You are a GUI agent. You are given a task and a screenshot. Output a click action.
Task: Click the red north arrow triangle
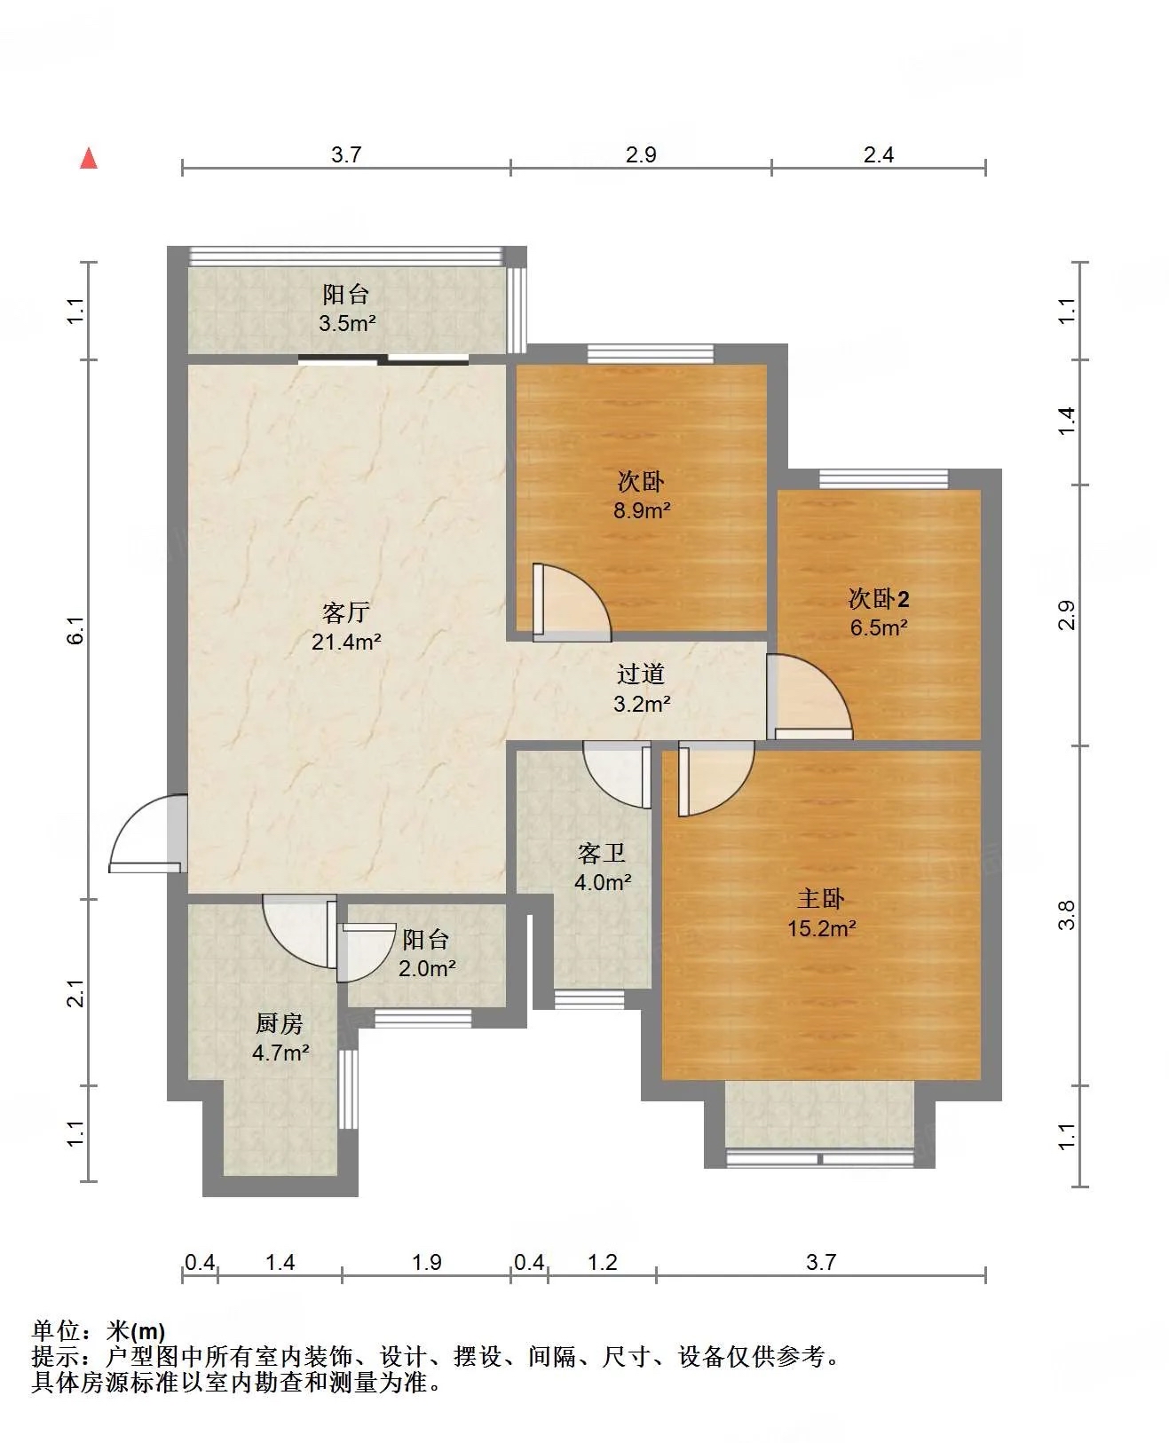pyautogui.click(x=89, y=159)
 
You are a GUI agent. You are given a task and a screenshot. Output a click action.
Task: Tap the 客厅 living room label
pyautogui.click(x=345, y=612)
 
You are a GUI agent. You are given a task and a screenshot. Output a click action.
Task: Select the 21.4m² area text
pyautogui.click(x=345, y=642)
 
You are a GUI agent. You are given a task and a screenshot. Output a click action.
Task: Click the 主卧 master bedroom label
pyautogui.click(x=821, y=898)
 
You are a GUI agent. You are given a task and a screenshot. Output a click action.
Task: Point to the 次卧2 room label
pyautogui.click(x=878, y=598)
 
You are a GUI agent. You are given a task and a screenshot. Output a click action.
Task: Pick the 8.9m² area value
pyautogui.click(x=642, y=510)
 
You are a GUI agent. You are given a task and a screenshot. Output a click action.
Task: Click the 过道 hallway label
pyautogui.click(x=640, y=674)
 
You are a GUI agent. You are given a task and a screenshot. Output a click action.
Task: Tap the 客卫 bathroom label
pyautogui.click(x=602, y=853)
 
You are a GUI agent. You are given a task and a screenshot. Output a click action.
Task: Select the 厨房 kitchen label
pyautogui.click(x=280, y=1023)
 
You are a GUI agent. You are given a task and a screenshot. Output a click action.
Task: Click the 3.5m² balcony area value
pyautogui.click(x=347, y=323)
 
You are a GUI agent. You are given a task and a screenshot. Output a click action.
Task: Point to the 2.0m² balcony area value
pyautogui.click(x=427, y=969)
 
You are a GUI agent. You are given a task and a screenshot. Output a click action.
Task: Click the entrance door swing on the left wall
pyautogui.click(x=147, y=833)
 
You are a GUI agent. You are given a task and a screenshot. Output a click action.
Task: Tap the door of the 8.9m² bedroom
pyautogui.click(x=572, y=603)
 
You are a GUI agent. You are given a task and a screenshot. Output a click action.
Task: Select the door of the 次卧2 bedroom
pyautogui.click(x=810, y=697)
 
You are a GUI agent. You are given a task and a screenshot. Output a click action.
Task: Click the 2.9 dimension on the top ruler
pyautogui.click(x=640, y=155)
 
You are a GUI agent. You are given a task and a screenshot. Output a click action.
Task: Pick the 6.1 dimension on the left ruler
pyautogui.click(x=76, y=630)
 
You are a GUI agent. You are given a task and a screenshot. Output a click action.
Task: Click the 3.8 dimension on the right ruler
pyautogui.click(x=1067, y=915)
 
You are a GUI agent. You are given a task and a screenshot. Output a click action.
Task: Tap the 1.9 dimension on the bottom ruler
pyautogui.click(x=427, y=1262)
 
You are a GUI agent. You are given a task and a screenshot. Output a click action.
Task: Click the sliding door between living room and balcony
pyautogui.click(x=383, y=359)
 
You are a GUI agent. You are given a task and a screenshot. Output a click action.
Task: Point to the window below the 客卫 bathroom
pyautogui.click(x=588, y=1000)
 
